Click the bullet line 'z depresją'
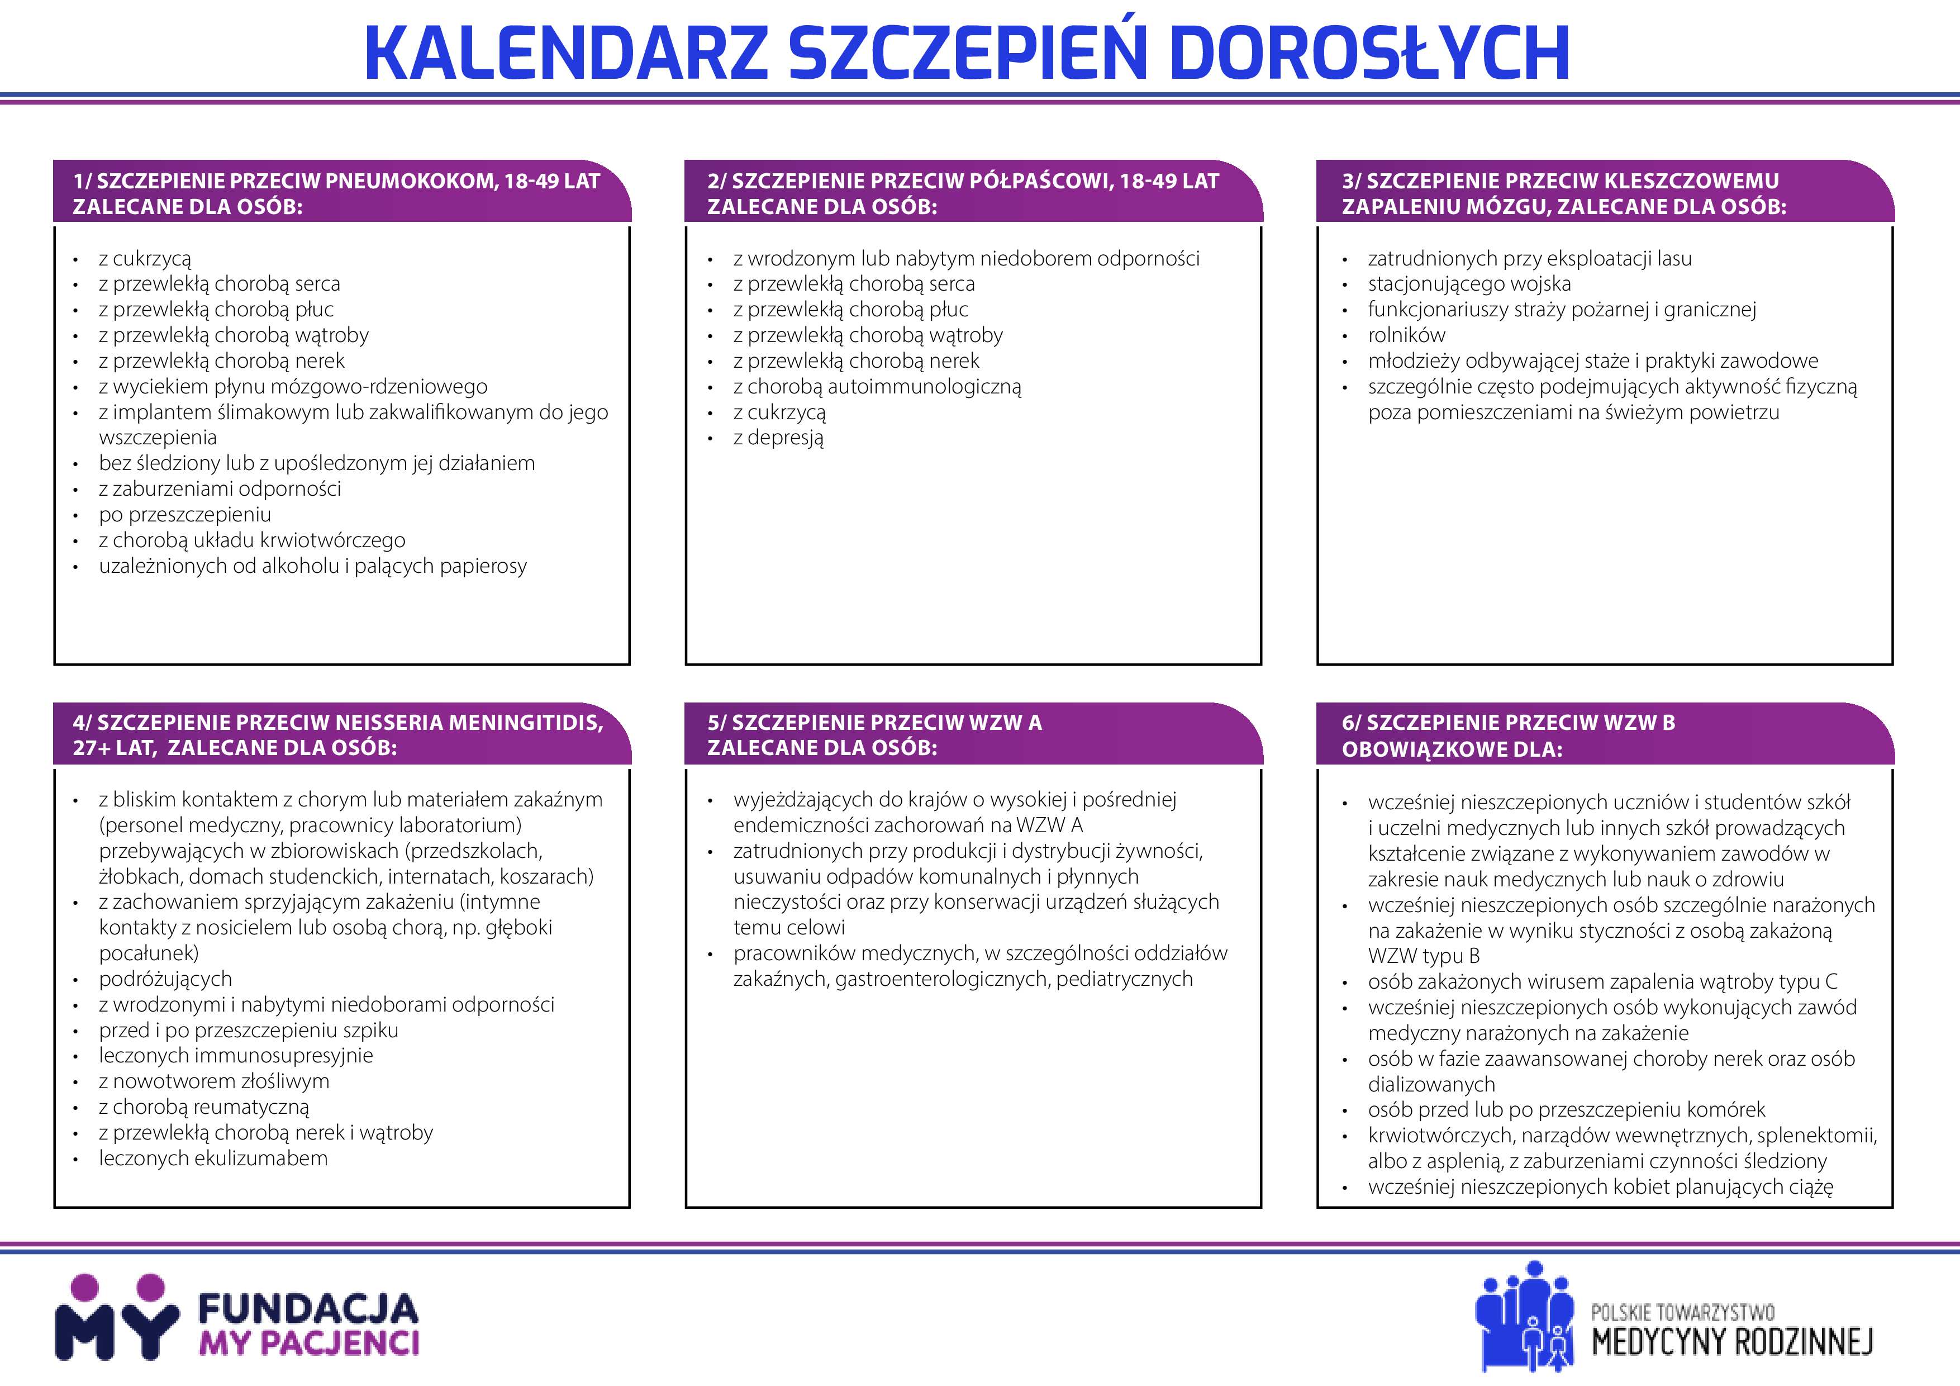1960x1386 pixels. tap(778, 438)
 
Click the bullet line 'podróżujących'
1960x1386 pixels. tap(165, 979)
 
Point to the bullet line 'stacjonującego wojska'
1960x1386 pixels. tap(1468, 283)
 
